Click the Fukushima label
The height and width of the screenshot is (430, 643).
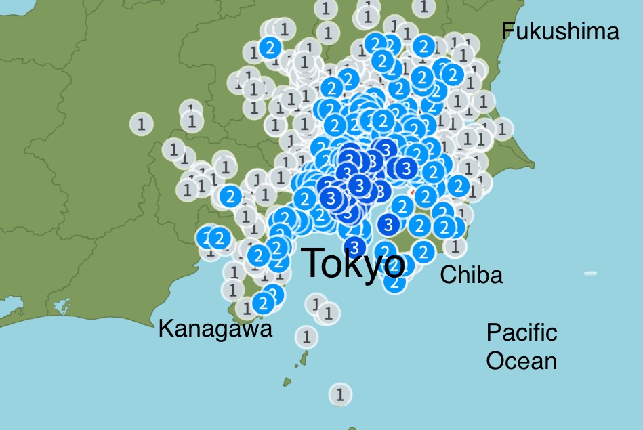click(559, 32)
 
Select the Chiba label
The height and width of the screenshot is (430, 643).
click(471, 275)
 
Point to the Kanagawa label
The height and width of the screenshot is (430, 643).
click(215, 329)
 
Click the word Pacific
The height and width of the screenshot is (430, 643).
click(522, 332)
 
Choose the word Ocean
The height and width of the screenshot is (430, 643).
click(522, 360)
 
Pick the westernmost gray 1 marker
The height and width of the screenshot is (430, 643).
click(142, 124)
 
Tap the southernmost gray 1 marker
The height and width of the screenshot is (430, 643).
click(340, 393)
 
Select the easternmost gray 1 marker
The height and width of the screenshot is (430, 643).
click(502, 127)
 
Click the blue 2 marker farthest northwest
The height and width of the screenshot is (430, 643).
click(270, 48)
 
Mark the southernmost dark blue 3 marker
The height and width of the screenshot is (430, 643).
click(354, 246)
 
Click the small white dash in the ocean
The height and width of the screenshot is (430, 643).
click(590, 273)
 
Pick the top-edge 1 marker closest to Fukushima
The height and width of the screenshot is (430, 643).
click(423, 7)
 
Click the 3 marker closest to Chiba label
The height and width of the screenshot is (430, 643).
click(389, 224)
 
